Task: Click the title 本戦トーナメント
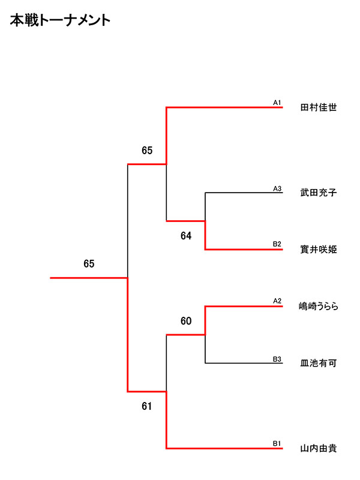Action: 60,21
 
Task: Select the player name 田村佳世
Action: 318,109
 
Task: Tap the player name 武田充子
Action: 318,193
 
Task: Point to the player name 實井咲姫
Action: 318,250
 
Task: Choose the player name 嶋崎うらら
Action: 319,307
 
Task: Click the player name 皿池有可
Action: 318,363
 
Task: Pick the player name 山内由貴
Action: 318,448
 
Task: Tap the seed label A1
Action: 277,103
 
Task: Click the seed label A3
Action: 277,188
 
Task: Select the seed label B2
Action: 277,244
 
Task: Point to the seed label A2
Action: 277,301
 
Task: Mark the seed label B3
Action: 277,359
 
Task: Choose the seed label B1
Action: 277,443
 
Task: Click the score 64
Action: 186,236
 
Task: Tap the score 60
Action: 186,322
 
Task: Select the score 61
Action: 147,406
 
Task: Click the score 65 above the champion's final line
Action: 89,264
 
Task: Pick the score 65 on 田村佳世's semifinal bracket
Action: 147,151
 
